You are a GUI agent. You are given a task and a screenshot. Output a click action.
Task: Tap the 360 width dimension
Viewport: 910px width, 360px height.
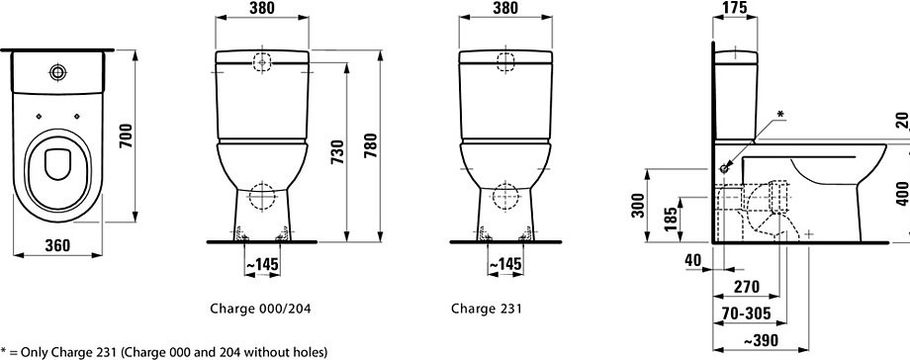click(x=57, y=245)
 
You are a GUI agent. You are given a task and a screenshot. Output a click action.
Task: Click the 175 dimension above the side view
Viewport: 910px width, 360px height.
click(x=735, y=7)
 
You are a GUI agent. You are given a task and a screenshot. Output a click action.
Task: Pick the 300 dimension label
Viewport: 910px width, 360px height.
click(x=638, y=205)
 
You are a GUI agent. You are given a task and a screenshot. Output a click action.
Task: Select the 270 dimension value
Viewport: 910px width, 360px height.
click(x=747, y=287)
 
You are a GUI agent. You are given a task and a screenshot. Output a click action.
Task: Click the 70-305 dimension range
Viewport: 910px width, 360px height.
click(x=747, y=315)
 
